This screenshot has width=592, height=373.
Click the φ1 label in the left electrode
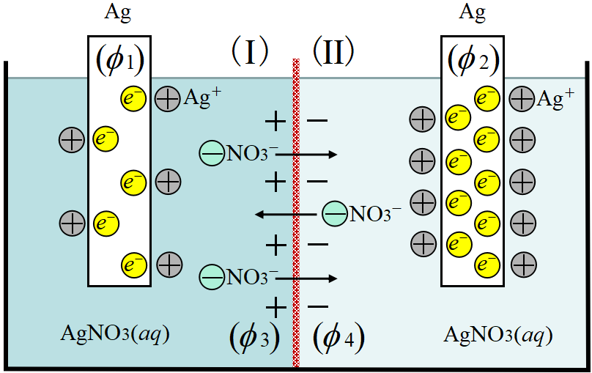pos(119,62)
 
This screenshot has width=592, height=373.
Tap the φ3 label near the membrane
pos(254,338)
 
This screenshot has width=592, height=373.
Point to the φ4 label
pos(338,338)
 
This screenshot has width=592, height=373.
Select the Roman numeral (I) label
pos(250,53)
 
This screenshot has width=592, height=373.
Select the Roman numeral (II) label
pos(333,53)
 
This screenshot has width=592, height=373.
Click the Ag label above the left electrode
pos(119,12)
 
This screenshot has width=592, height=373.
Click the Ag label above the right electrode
pos(472,12)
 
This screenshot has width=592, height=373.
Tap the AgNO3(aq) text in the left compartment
pos(115,335)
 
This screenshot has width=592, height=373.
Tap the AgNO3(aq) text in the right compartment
pos(497,335)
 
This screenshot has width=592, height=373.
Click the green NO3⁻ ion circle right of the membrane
pos(335,214)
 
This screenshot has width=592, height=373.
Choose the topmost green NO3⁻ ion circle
pos(212,154)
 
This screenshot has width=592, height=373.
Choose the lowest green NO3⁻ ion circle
pos(212,277)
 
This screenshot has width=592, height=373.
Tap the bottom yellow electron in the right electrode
pos(486,262)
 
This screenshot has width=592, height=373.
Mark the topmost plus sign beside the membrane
pos(275,119)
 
